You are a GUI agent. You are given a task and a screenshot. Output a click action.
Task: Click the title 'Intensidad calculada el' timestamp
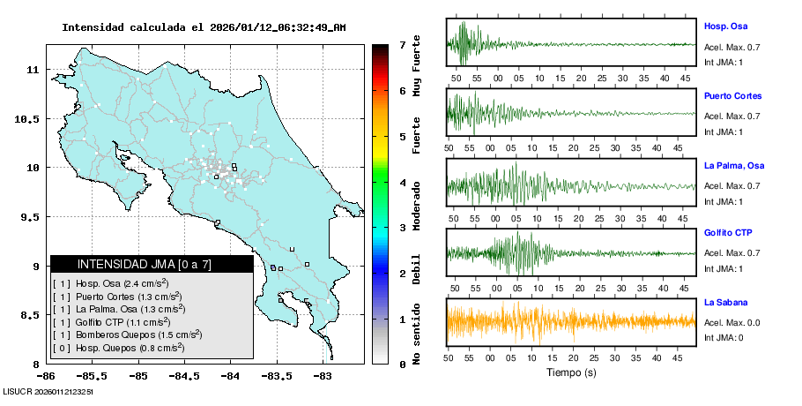pos(204,27)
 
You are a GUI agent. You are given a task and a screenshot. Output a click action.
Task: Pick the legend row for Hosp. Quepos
pos(118,348)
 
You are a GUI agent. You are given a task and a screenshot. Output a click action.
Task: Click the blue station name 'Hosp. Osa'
pos(723,26)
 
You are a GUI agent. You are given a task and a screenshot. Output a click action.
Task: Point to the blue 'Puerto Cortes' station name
pos(732,95)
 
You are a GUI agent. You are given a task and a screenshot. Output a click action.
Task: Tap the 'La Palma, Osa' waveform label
pos(734,165)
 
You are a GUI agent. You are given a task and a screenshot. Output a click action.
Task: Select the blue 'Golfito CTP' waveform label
pos(727,233)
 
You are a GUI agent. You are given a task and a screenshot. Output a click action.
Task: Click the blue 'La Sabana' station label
pos(724,302)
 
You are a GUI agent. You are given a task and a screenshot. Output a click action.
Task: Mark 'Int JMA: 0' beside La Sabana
pos(724,337)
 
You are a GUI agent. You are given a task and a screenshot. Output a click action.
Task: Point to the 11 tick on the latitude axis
pos(33,69)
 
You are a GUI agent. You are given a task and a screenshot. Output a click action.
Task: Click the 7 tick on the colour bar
pos(401,45)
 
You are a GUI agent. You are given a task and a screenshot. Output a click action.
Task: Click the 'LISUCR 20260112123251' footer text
pos(48,390)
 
